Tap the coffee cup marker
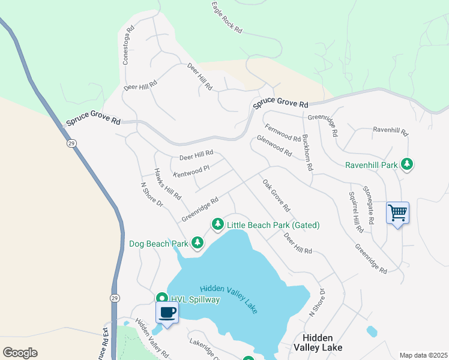(x=167, y=313)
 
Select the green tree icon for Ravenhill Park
(x=407, y=164)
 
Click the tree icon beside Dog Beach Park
(x=197, y=243)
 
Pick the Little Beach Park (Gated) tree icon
(x=217, y=224)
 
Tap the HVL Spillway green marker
(x=161, y=298)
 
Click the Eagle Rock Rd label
(x=226, y=17)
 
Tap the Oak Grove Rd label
(x=276, y=196)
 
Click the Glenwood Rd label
(x=274, y=146)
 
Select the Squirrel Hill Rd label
(x=355, y=212)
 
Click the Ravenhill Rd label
(x=390, y=130)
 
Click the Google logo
(x=20, y=353)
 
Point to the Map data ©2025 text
(x=423, y=355)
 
